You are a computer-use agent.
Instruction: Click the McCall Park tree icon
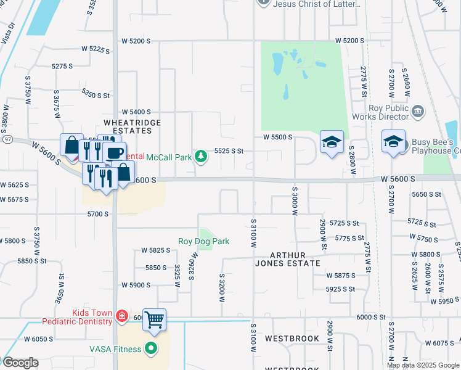pyautogui.click(x=200, y=157)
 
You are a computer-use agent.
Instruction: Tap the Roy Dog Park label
pyautogui.click(x=204, y=241)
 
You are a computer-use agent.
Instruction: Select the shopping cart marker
pyautogui.click(x=155, y=319)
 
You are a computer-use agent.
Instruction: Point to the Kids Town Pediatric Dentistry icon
pyautogui.click(x=122, y=317)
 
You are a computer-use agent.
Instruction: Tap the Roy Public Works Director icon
pyautogui.click(x=418, y=112)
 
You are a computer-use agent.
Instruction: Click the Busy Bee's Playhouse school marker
pyautogui.click(x=393, y=142)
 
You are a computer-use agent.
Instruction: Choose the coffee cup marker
pyautogui.click(x=115, y=152)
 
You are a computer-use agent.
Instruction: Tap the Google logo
pyautogui.click(x=20, y=363)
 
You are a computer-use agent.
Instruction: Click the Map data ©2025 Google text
pyautogui.click(x=423, y=365)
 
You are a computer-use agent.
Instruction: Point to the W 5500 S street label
pyautogui.click(x=277, y=138)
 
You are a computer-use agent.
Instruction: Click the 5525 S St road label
pyautogui.click(x=229, y=150)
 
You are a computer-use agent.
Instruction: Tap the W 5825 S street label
pyautogui.click(x=155, y=250)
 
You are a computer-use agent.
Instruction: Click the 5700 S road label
pyautogui.click(x=97, y=214)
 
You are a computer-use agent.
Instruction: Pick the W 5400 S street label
pyautogui.click(x=136, y=112)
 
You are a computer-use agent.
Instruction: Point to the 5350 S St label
pyautogui.click(x=96, y=95)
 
